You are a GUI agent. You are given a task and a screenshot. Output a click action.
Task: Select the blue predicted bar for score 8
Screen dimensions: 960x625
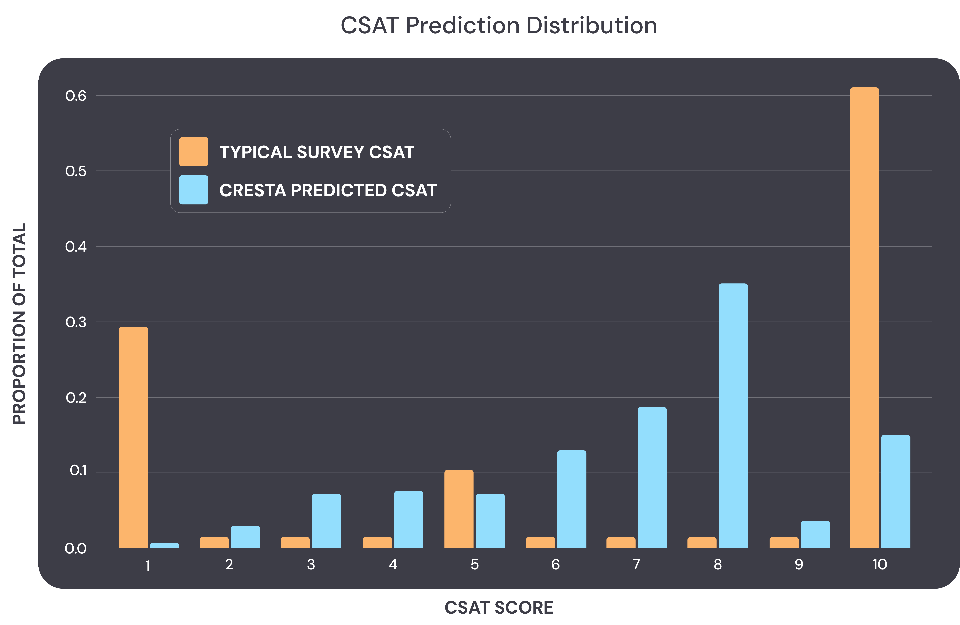coord(733,416)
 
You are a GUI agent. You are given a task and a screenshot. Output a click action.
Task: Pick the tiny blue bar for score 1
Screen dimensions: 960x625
coord(164,545)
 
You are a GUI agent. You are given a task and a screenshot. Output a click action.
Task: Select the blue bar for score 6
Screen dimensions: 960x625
coord(572,499)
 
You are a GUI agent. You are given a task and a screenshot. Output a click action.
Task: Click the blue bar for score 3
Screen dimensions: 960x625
coord(326,521)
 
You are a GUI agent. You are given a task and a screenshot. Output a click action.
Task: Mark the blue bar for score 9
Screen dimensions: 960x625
coord(815,534)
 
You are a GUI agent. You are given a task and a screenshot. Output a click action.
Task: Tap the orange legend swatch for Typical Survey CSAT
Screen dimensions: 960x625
coord(194,152)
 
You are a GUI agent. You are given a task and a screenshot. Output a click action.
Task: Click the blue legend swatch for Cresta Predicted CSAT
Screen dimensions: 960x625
coord(194,190)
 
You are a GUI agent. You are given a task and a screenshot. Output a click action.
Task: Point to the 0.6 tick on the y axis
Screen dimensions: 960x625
coord(76,96)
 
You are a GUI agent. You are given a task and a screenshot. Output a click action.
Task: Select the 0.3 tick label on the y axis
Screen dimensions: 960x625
coord(76,322)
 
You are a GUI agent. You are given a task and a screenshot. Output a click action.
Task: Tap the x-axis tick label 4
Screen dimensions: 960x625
coord(393,564)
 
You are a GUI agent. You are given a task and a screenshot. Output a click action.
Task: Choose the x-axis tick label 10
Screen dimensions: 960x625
coord(880,564)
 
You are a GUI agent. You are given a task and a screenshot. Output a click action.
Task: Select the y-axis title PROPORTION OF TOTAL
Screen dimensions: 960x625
coord(19,324)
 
